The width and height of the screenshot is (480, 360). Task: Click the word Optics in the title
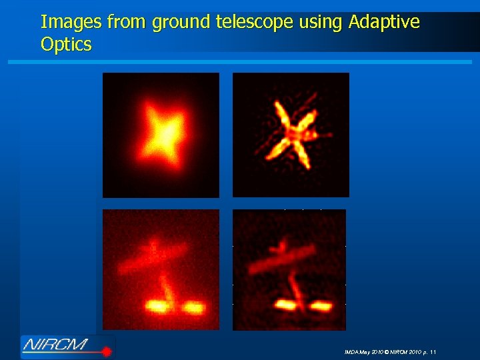(66, 45)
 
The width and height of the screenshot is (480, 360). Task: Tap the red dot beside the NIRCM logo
(106, 351)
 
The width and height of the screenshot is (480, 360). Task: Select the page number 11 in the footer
(433, 351)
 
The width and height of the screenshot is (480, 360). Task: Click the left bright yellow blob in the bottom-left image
(157, 306)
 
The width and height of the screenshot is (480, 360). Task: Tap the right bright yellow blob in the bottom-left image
(193, 307)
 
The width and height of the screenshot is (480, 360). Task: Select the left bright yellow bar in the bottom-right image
(286, 305)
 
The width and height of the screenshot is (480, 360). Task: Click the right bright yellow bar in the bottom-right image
(320, 306)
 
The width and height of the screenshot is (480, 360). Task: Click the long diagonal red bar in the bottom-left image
(153, 258)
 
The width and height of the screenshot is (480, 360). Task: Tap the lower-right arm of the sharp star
(303, 158)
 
